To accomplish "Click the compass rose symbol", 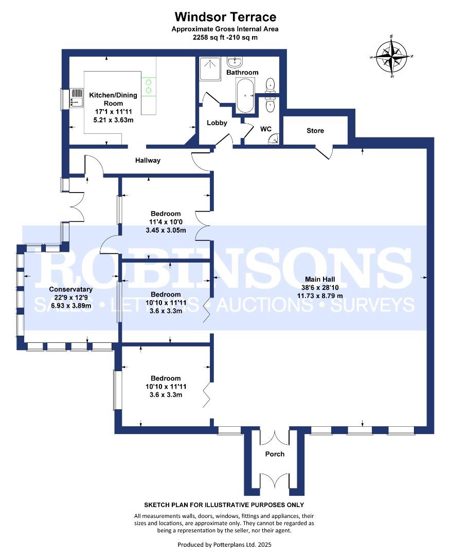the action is coord(391,57).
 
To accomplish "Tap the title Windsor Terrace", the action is coord(225,16).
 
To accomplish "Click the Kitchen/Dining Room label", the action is coord(113,99).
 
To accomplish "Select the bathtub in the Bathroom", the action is coord(245,95).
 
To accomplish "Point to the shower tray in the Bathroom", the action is coord(209,68).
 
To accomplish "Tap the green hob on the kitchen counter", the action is coord(149,86).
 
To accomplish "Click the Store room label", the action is coord(315,130).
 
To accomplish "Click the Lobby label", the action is coord(217,123).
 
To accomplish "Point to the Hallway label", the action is coord(148,160).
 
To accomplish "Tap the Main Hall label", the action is coord(320,279).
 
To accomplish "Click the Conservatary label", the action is coord(70,289).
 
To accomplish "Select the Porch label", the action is coord(275,454).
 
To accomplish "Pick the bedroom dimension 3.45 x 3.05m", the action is coord(166,230).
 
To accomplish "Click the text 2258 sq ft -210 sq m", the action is coord(225,37).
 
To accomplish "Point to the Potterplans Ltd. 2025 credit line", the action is coord(224,545).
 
